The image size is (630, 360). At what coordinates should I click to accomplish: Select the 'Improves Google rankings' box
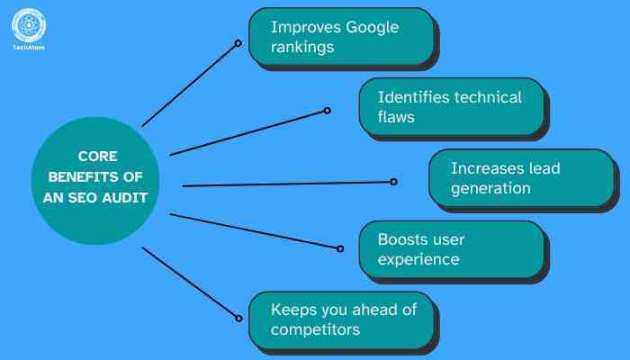click(x=341, y=37)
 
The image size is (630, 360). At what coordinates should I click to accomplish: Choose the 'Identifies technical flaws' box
click(x=451, y=106)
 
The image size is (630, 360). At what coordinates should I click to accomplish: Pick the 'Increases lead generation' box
click(x=520, y=177)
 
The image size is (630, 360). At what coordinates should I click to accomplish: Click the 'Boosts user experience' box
click(x=451, y=249)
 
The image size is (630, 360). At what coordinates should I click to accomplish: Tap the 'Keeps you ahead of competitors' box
click(x=341, y=319)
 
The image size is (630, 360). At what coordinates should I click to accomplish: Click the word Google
click(x=366, y=27)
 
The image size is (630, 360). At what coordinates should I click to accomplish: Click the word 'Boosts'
click(x=403, y=239)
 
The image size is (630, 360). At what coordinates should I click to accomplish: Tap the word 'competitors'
click(x=316, y=329)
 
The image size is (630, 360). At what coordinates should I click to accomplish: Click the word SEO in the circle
click(x=99, y=198)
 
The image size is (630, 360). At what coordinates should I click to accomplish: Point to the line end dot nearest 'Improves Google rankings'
click(x=238, y=43)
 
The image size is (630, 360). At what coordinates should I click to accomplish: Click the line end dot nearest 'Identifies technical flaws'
click(x=327, y=111)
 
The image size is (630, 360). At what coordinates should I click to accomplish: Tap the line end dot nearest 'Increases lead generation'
click(x=393, y=182)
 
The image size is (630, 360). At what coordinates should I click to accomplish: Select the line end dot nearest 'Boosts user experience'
click(x=340, y=248)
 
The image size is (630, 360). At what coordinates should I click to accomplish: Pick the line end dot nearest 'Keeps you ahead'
click(x=238, y=317)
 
